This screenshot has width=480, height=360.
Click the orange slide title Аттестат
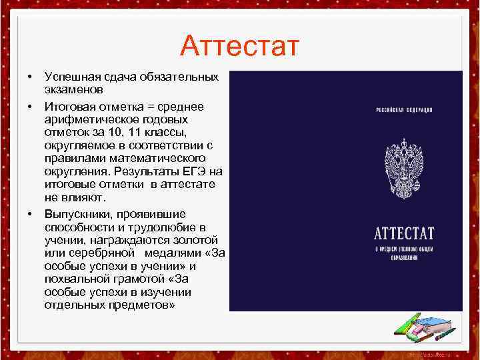coord(240,47)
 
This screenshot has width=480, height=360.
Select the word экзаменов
coord(73,89)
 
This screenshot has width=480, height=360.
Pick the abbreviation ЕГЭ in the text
coord(198,171)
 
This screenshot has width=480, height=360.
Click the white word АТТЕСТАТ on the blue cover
coord(404,235)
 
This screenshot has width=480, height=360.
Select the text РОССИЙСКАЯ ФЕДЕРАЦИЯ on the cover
coord(404,109)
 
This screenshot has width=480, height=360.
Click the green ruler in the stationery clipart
coord(404,327)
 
